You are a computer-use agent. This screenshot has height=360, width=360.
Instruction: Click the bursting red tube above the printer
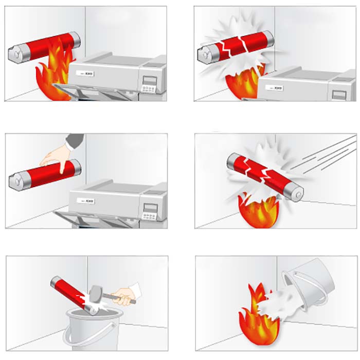coord(237,46)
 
